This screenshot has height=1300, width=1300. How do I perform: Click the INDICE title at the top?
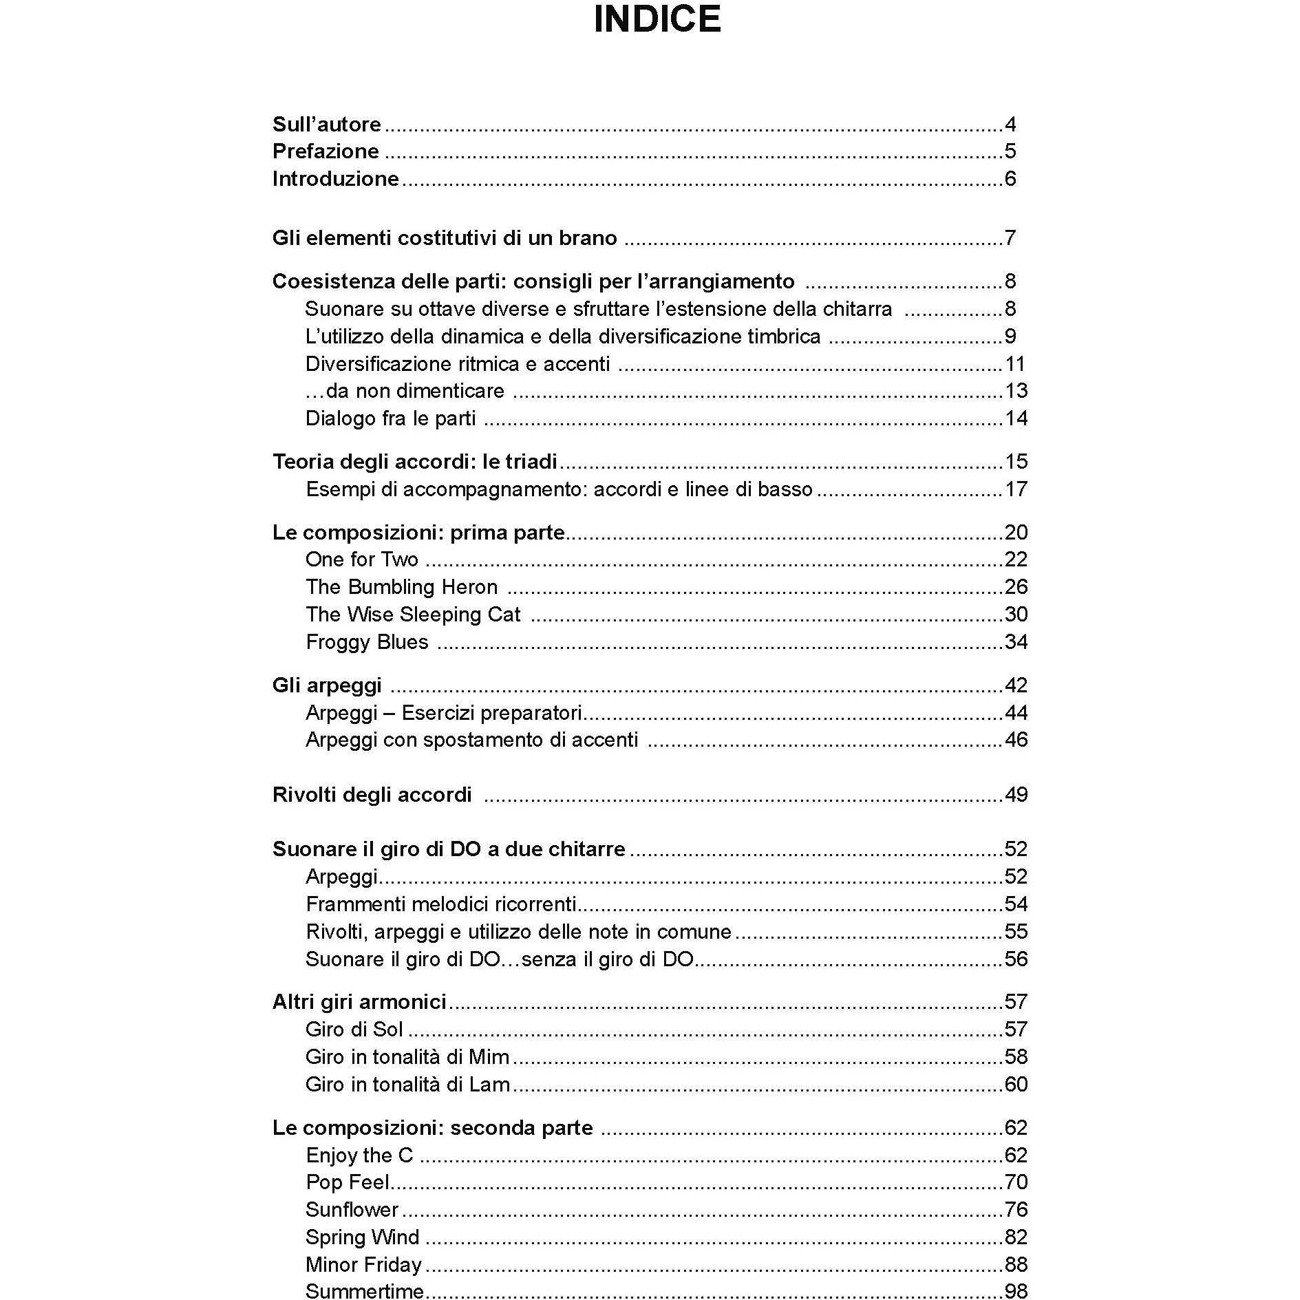[x=657, y=19]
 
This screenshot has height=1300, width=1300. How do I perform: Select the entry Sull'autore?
[x=326, y=125]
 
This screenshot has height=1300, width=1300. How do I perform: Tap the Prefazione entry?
[x=326, y=151]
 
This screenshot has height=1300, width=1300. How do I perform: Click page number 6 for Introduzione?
[x=1010, y=179]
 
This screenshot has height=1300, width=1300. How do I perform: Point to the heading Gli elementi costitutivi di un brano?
[x=445, y=238]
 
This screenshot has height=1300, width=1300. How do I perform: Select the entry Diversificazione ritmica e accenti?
[x=458, y=364]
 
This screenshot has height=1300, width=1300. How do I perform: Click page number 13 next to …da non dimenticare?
[x=1016, y=391]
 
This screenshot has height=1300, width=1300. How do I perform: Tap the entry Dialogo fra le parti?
[x=390, y=418]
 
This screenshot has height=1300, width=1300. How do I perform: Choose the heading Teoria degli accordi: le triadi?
[x=414, y=462]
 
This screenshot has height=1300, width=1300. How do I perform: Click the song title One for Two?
[x=361, y=560]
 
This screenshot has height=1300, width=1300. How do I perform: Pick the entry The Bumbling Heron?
[x=401, y=587]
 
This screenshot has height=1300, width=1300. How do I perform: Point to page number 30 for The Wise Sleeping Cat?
[x=1016, y=615]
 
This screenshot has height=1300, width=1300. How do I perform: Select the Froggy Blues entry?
[x=367, y=642]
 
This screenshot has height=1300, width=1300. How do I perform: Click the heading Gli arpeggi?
[x=327, y=685]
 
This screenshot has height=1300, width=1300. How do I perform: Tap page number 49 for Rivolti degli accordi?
[x=1016, y=795]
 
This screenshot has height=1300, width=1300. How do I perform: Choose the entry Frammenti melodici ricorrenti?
[x=440, y=904]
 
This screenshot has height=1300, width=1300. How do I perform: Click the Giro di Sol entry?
[x=354, y=1030]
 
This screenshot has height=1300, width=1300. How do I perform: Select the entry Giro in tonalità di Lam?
[x=407, y=1085]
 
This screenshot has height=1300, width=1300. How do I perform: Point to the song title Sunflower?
[x=352, y=1210]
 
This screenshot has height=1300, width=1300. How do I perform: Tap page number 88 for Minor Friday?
[x=1016, y=1265]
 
